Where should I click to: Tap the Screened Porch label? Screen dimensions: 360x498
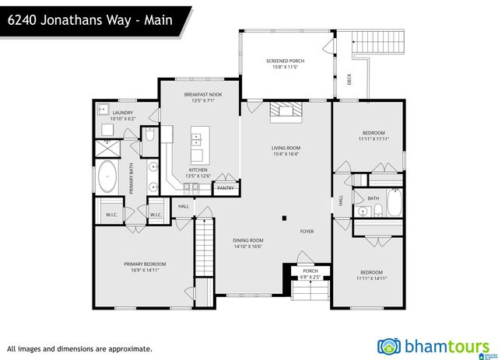coord(285,65)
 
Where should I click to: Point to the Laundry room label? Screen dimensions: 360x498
coord(123,116)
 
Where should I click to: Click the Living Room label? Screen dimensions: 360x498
coord(286,150)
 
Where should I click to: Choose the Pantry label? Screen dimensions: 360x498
coord(226,187)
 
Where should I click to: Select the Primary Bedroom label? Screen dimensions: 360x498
coord(145,267)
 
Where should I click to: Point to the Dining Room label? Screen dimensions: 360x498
coord(248,243)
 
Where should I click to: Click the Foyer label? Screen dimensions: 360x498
coord(307,231)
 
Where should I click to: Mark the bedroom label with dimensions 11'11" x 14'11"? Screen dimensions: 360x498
coord(370,274)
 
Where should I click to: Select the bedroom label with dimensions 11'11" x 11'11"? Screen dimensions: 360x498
coord(370,135)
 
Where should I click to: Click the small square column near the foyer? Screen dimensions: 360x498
coord(283,218)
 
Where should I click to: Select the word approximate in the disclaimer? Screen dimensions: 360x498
coord(128,349)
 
